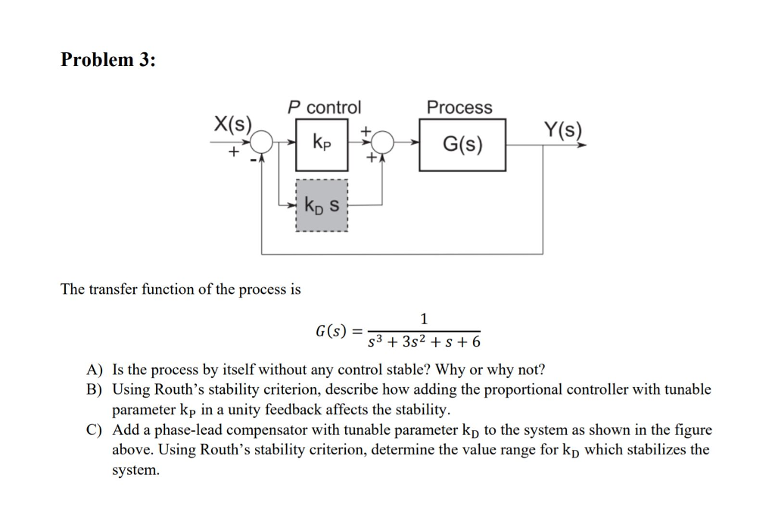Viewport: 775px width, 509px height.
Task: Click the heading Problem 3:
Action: point(108,60)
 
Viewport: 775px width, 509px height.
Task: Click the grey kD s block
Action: point(322,205)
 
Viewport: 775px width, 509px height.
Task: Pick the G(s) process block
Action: point(462,144)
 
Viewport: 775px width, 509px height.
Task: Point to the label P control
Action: point(324,108)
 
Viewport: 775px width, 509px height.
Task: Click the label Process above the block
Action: point(459,108)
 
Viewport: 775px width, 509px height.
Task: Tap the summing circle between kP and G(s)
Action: point(384,141)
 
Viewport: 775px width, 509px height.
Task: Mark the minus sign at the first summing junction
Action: point(254,156)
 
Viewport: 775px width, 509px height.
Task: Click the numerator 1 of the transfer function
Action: point(423,318)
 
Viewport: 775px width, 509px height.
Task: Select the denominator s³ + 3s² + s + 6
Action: point(424,342)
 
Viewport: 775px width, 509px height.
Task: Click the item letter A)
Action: point(94,370)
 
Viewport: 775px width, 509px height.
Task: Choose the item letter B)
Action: point(94,390)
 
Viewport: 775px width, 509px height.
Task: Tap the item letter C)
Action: point(94,430)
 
